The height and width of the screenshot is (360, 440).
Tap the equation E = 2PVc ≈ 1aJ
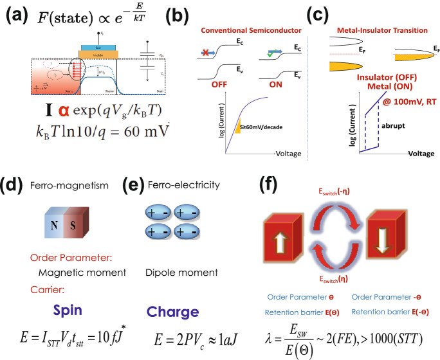172,339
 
